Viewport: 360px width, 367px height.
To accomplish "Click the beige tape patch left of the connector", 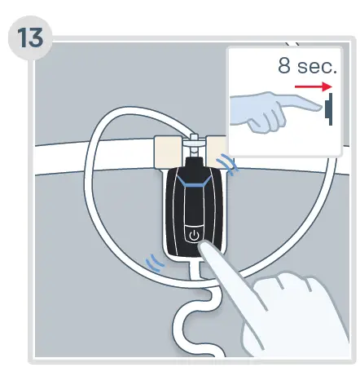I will [x=171, y=151].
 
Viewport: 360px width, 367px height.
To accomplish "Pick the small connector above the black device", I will [x=194, y=144].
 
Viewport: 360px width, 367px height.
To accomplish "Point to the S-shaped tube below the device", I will [x=195, y=322].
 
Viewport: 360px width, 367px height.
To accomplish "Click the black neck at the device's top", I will [x=193, y=166].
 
